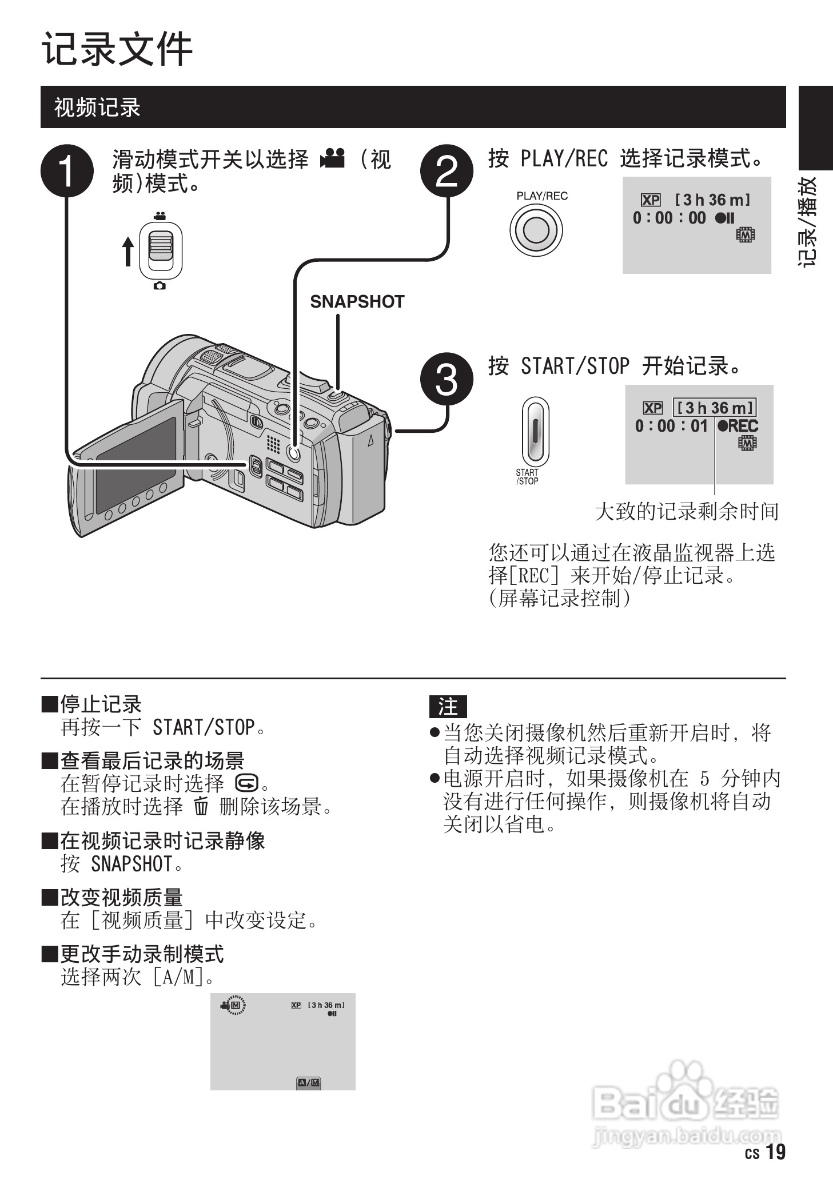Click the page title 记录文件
[x=117, y=50]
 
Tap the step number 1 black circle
[x=67, y=171]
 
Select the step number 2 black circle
[x=447, y=171]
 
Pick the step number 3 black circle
[x=447, y=379]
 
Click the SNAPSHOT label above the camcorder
[x=357, y=302]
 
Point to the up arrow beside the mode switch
[x=128, y=252]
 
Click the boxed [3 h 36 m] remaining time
[x=715, y=408]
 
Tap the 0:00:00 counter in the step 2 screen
[x=669, y=218]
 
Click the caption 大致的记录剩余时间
[x=687, y=511]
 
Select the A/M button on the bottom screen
[x=309, y=1082]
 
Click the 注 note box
[x=448, y=707]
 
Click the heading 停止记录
[x=101, y=704]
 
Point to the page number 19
[x=775, y=1152]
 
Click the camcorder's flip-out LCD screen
[x=136, y=463]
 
